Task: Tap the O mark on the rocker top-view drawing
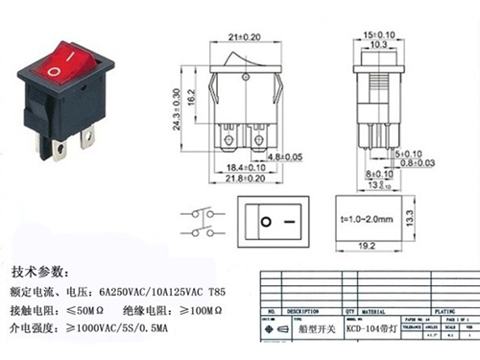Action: [x=265, y=223]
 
